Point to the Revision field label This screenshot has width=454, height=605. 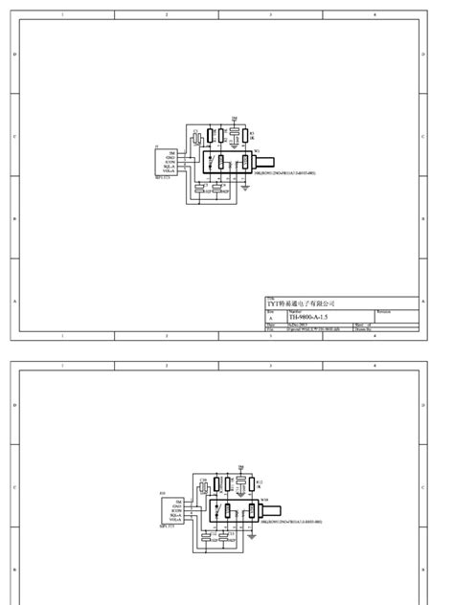tap(383, 311)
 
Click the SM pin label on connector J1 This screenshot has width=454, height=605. tap(172, 152)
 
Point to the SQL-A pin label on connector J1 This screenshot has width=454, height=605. tap(171, 167)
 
